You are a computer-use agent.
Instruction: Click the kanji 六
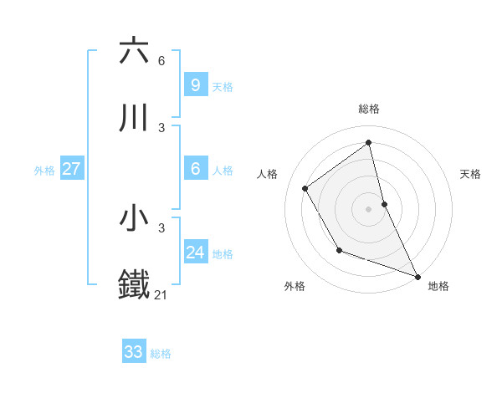tap(134, 51)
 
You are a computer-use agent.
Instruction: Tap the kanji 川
tap(134, 118)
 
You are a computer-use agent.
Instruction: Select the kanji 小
tap(134, 218)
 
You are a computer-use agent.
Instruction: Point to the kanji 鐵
tap(134, 285)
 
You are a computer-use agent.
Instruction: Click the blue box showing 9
tap(195, 84)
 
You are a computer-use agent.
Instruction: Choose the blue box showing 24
tap(195, 253)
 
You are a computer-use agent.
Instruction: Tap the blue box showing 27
tap(71, 169)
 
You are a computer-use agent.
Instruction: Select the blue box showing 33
tap(133, 352)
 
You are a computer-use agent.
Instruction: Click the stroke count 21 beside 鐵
tap(161, 294)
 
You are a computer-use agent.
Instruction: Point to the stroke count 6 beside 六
tap(161, 60)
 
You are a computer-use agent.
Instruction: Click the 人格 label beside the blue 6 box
tap(223, 171)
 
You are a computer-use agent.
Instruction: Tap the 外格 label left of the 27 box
tap(44, 171)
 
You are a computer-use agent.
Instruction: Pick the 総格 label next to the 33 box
tap(161, 354)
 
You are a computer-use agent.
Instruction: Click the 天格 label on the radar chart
tap(470, 174)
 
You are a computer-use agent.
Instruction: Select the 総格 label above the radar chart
tap(369, 109)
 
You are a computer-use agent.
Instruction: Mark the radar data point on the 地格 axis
tap(417, 277)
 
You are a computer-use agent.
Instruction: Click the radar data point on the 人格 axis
tap(305, 188)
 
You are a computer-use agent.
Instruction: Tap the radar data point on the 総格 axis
tap(369, 143)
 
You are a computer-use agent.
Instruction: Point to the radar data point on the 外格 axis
tap(339, 250)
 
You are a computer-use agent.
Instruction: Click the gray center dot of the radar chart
tap(369, 208)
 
